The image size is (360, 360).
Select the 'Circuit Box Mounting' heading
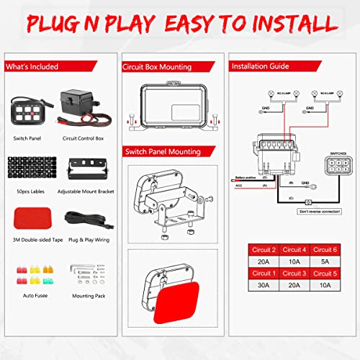tap(158, 66)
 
